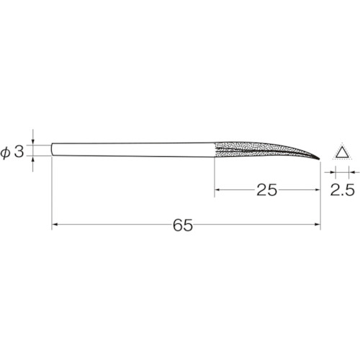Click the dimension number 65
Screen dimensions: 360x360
[x=183, y=225]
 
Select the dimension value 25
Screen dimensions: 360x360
[x=267, y=190]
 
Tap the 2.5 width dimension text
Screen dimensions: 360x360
[x=342, y=190]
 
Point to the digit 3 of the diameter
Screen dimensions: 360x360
[x=19, y=151]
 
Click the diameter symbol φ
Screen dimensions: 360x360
[x=5, y=153]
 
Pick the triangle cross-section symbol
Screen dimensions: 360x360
[x=342, y=152]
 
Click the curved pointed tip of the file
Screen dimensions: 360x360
[x=319, y=159]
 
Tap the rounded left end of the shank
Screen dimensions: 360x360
[x=52, y=150]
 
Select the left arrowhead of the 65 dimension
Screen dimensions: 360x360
[x=55, y=224]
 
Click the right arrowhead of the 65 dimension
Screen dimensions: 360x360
[x=318, y=224]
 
